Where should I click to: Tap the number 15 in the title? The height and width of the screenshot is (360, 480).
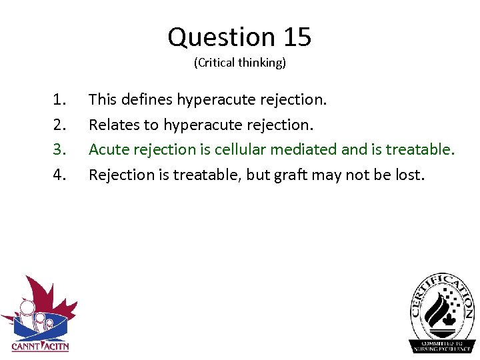(x=297, y=37)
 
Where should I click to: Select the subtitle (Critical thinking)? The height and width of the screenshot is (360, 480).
(x=239, y=63)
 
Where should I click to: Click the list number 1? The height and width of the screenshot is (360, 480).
(x=59, y=100)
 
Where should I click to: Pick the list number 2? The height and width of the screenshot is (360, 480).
(x=59, y=125)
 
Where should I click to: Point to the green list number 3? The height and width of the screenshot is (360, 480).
(x=59, y=150)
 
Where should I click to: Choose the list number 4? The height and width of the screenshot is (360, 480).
(x=59, y=175)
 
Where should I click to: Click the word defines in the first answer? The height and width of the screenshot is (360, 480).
(x=147, y=100)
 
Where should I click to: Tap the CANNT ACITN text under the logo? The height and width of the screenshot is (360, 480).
(x=40, y=346)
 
